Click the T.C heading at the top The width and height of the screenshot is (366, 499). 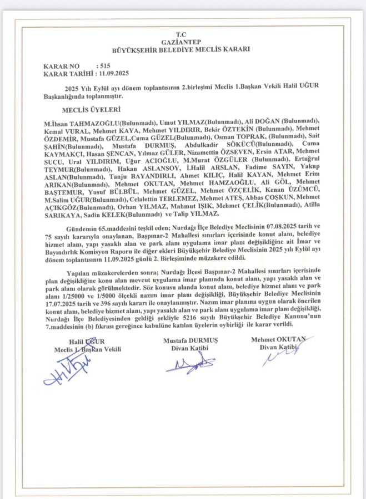point(181,34)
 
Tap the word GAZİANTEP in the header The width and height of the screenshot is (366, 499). point(181,42)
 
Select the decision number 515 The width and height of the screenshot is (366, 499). point(103,65)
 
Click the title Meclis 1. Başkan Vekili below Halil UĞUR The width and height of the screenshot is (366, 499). point(87,349)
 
